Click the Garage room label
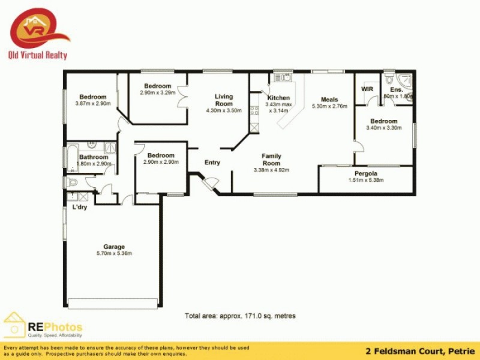click(114, 247)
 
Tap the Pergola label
click(365, 173)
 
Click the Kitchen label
click(278, 98)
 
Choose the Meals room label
click(329, 100)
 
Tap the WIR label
click(367, 89)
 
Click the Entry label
click(212, 163)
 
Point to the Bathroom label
click(94, 157)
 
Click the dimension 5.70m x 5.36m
click(114, 253)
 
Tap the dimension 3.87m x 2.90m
click(93, 104)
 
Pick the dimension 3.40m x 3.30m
click(383, 128)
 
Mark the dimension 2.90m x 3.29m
click(157, 92)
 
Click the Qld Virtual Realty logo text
click(37, 55)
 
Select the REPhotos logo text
click(55, 328)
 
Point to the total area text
click(240, 316)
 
